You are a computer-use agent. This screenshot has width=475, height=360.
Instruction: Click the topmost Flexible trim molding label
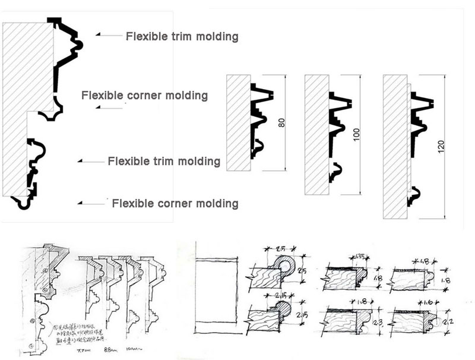click(182, 37)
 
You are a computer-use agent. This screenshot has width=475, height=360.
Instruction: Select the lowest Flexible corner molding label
click(175, 204)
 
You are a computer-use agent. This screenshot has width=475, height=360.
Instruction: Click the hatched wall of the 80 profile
click(238, 122)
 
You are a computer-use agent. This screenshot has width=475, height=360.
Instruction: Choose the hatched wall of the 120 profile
click(395, 146)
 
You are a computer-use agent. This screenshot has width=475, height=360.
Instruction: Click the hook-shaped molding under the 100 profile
click(337, 172)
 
